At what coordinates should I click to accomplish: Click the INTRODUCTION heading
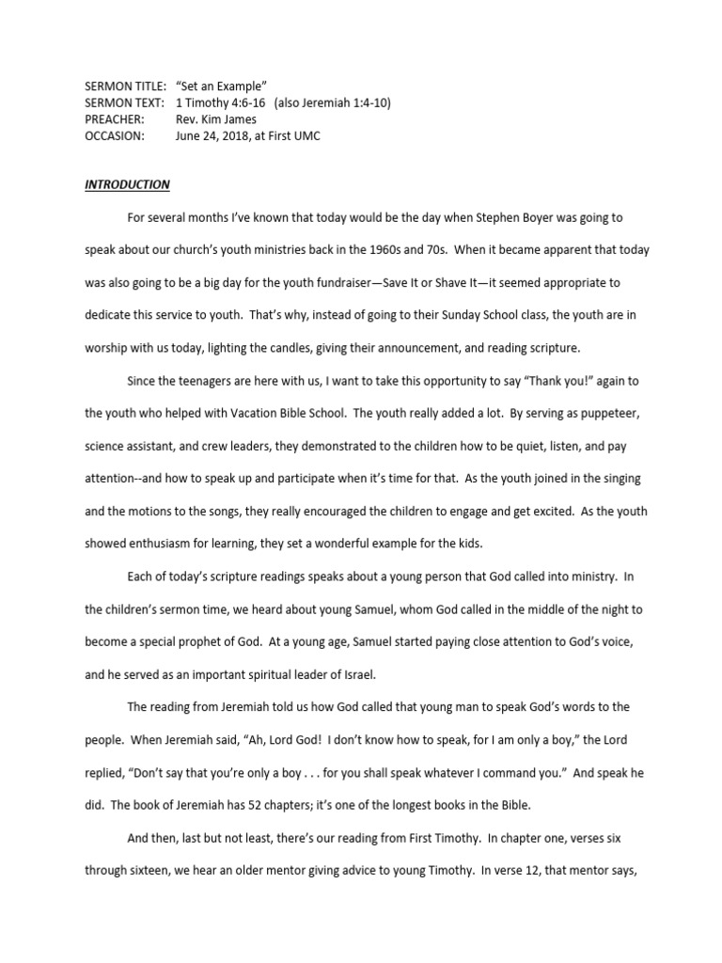[127, 184]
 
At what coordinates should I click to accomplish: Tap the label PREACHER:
[115, 119]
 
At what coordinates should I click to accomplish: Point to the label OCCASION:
[114, 135]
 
